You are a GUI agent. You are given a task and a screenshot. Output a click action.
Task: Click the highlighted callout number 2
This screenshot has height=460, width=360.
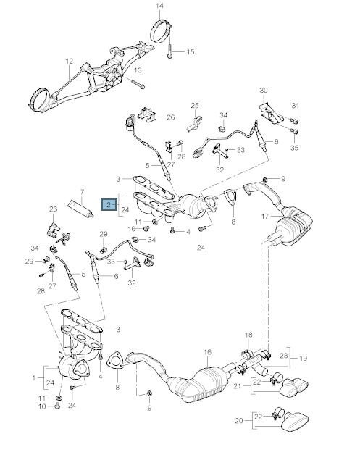[x=109, y=206]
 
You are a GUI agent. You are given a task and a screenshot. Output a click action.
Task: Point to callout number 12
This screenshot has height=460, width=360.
[x=70, y=61]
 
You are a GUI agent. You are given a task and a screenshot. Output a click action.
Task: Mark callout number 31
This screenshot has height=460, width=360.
[x=295, y=106]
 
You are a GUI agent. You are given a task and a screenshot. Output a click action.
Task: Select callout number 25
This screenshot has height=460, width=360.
[x=194, y=106]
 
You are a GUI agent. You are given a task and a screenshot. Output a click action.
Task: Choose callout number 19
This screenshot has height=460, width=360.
[x=304, y=358]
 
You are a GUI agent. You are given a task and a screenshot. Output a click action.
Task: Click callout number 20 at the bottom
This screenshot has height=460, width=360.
[x=239, y=420]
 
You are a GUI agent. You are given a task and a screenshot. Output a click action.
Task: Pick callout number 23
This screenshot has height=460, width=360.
[x=285, y=356]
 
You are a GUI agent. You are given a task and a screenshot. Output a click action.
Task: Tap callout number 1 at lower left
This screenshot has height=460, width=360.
[x=33, y=377]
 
